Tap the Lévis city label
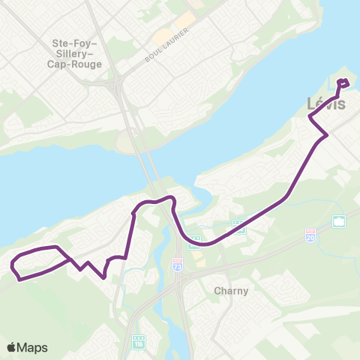point(327,104)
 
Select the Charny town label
point(231,290)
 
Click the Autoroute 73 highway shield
point(178,265)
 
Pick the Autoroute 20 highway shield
point(310,234)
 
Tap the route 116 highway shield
point(138,341)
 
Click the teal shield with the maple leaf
point(339,221)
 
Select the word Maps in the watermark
point(33,347)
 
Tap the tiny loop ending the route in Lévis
point(343,83)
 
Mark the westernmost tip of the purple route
point(12,265)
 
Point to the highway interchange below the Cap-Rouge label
point(120,88)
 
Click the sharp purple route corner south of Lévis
point(326,135)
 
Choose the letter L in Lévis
point(313,104)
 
